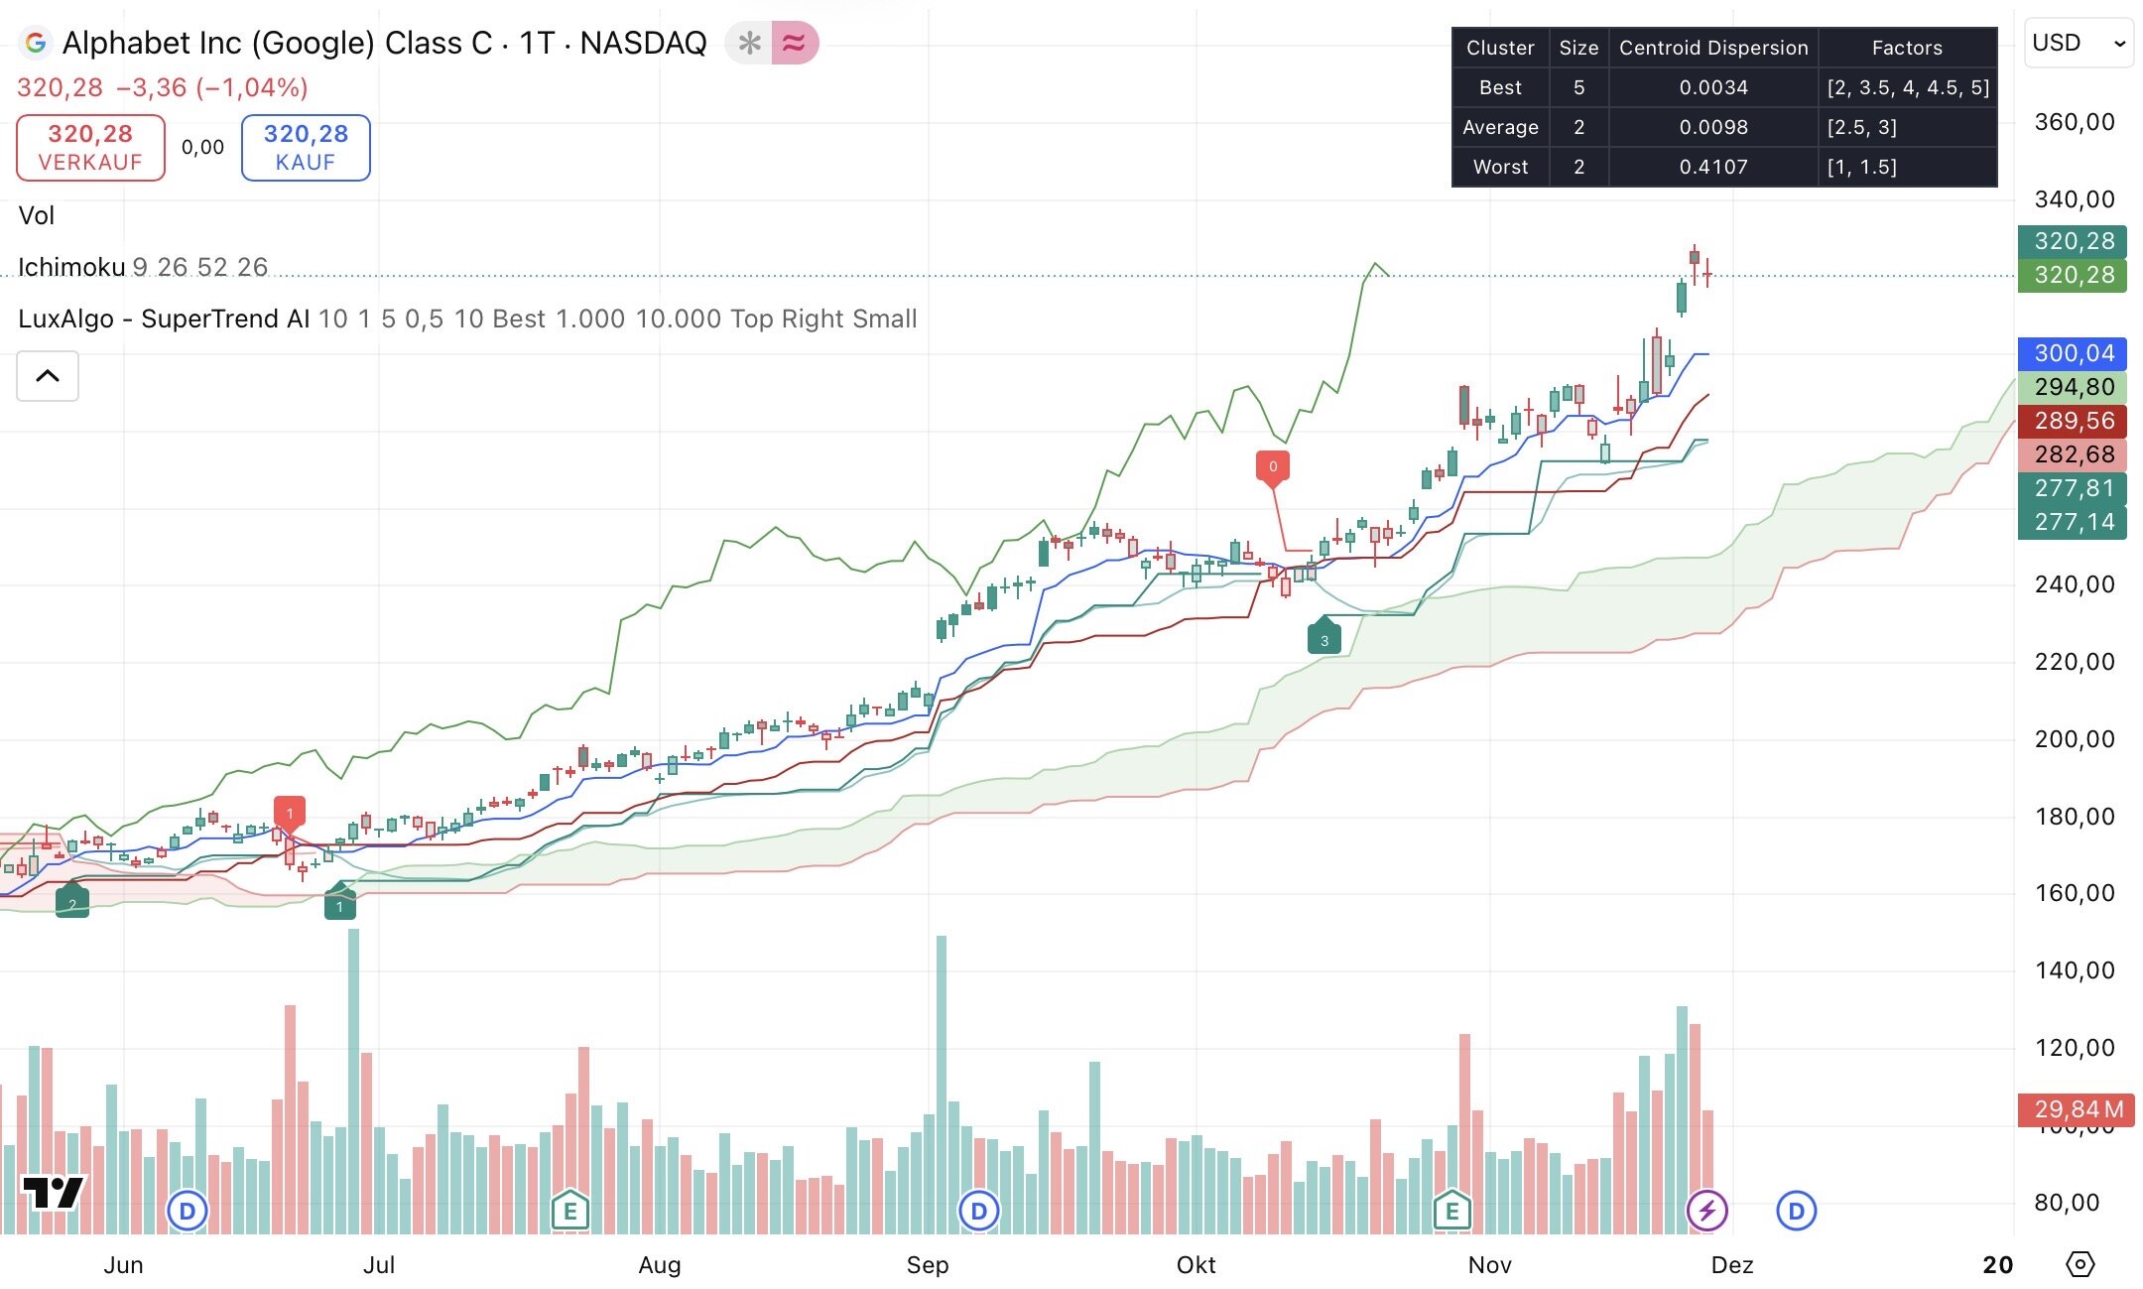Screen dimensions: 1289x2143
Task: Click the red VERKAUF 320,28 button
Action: pos(90,148)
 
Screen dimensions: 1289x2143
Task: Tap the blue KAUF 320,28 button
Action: pos(306,148)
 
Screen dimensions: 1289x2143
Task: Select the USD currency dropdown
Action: pos(2078,44)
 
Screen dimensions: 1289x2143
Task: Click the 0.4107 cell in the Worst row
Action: pos(1713,167)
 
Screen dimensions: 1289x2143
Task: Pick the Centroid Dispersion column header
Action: pos(1713,48)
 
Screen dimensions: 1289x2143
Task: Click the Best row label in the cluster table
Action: pos(1500,87)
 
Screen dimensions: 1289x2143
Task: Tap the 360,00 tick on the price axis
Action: pos(2074,122)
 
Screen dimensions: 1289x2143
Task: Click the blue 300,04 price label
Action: pos(2073,353)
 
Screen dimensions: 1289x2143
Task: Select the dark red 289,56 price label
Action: pos(2073,421)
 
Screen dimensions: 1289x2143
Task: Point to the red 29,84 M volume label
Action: pos(2077,1108)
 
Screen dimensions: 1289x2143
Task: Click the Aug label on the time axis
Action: pos(660,1265)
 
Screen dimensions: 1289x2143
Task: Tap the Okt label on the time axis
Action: pos(1196,1265)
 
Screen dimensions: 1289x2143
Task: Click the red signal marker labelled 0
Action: pos(1273,466)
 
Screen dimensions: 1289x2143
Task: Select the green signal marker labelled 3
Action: pos(1324,639)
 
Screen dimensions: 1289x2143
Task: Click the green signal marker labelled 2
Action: pos(72,903)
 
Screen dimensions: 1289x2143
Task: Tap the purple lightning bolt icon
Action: pos(1707,1211)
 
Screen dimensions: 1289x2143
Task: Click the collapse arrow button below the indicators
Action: pos(48,376)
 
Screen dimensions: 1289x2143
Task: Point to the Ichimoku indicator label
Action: pos(71,267)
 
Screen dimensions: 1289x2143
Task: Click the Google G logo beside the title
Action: pos(36,43)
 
